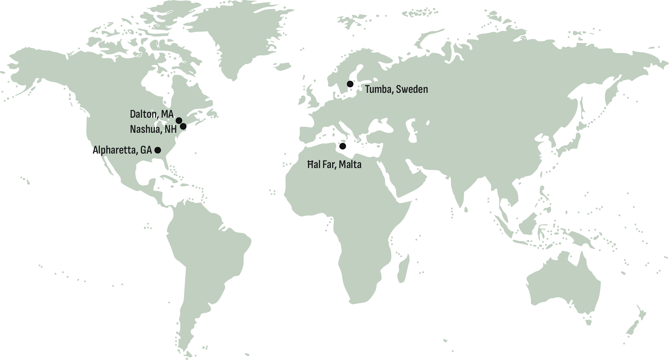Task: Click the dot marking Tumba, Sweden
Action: pos(350,84)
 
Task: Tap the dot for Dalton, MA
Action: pos(179,120)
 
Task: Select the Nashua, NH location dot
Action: pos(183,127)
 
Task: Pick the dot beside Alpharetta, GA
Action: pos(158,150)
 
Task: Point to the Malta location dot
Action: pos(343,146)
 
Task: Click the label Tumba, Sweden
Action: pos(396,89)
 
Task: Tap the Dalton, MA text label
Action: pos(152,114)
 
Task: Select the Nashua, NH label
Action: pos(153,129)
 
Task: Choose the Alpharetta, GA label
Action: pos(122,150)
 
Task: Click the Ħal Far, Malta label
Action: pos(334,165)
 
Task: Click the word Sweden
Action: pos(412,89)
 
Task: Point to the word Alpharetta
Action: pos(114,150)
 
